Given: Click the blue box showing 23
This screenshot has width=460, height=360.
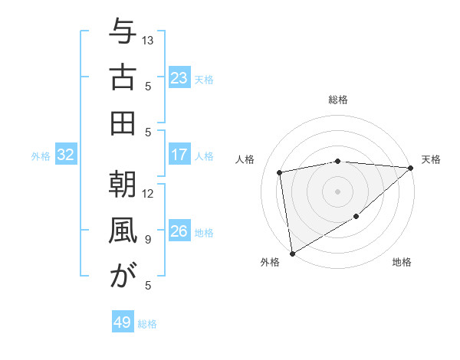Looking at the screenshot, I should click(x=179, y=78).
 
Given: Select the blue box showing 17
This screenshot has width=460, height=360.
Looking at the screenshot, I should click(x=179, y=155).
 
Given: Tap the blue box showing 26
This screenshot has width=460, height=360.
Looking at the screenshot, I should click(x=179, y=232).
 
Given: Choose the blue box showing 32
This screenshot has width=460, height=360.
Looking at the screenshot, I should click(x=66, y=155).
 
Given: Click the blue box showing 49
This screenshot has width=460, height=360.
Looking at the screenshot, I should click(x=123, y=322).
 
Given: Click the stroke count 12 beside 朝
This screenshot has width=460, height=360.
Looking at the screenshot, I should click(x=149, y=194).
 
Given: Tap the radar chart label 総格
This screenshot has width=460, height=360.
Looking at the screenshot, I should click(x=338, y=100).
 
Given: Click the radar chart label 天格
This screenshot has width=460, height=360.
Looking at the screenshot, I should click(x=431, y=159).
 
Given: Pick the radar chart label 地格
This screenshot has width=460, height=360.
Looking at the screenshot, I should click(x=402, y=262).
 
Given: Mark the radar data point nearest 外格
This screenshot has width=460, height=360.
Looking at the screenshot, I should click(x=291, y=253).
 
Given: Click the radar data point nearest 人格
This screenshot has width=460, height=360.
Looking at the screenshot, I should click(x=281, y=172).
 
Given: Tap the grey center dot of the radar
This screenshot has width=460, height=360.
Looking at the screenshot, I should click(x=337, y=190).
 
